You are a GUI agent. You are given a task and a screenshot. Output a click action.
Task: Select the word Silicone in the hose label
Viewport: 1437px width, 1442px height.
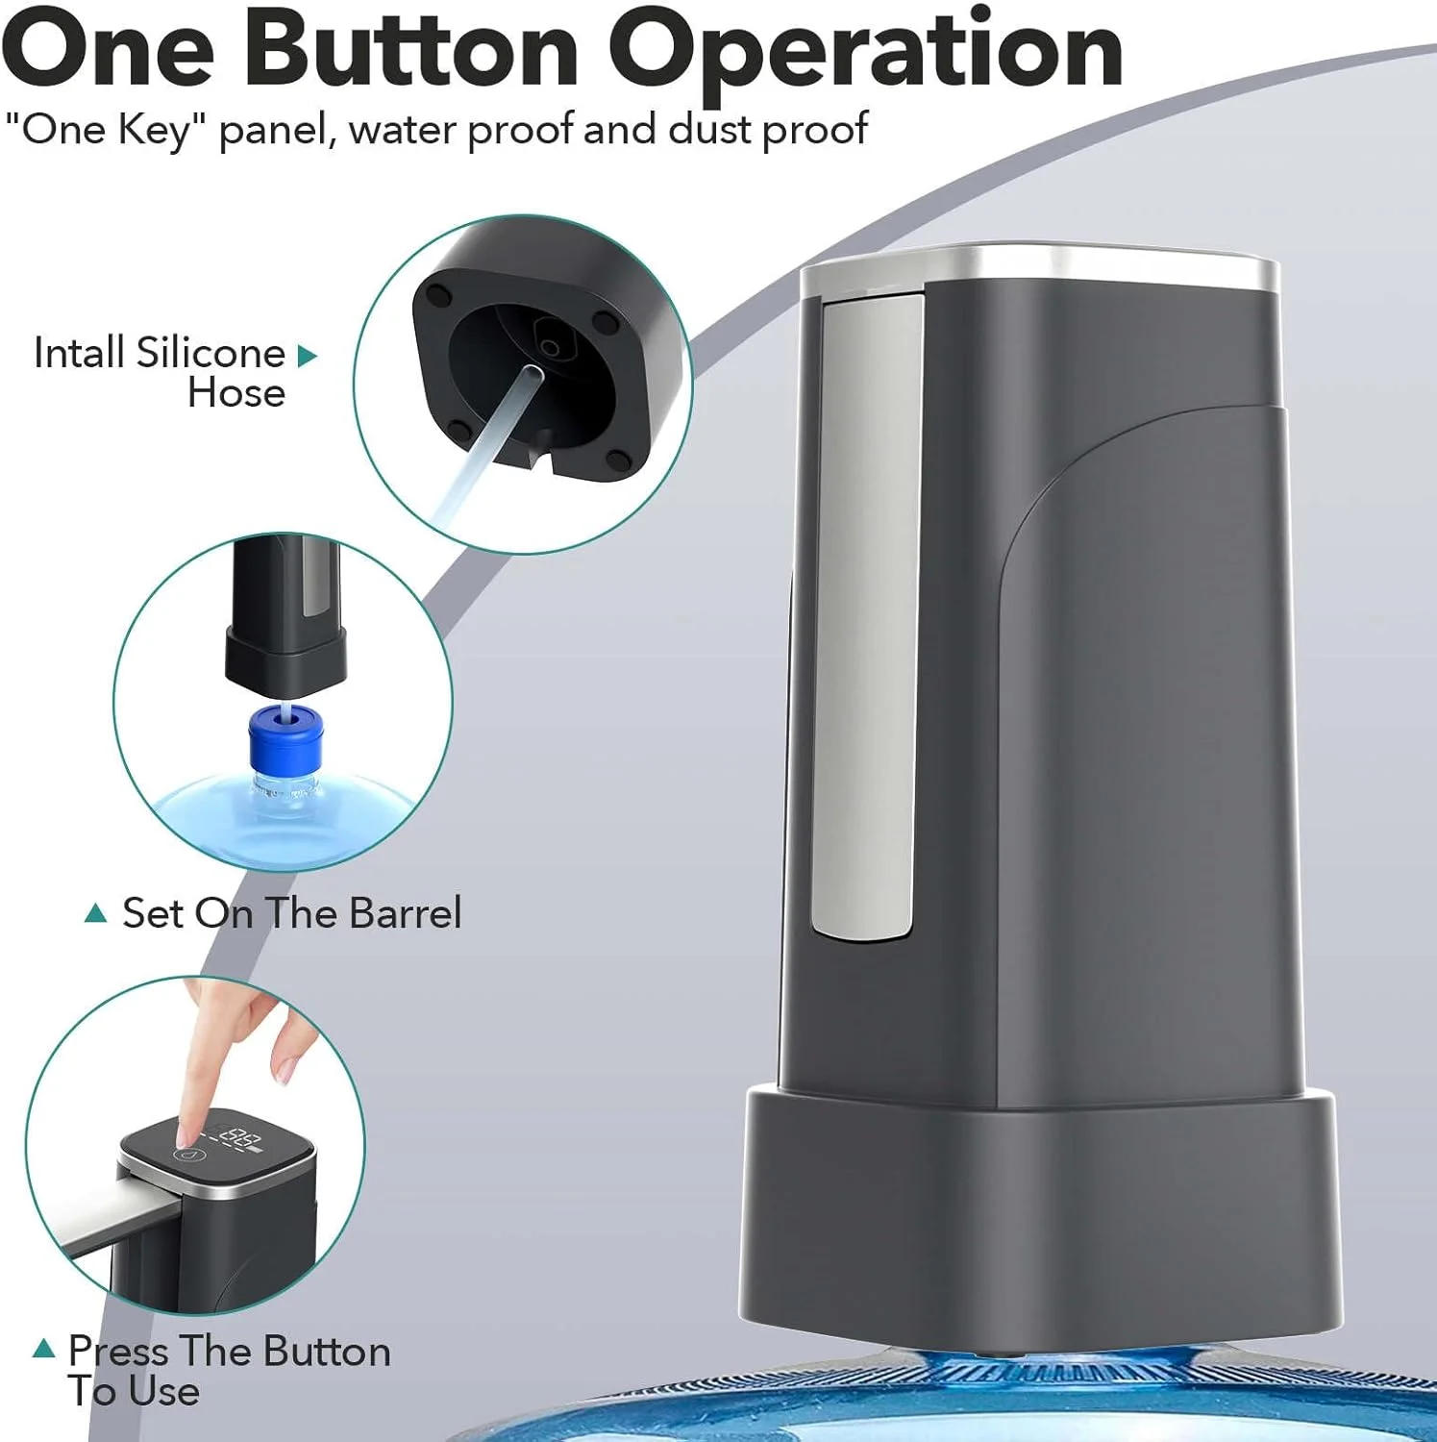(211, 353)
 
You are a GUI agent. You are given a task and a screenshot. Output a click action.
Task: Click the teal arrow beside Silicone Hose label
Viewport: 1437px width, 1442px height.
(307, 356)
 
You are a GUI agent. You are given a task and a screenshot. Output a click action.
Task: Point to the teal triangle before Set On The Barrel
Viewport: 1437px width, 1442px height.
(95, 912)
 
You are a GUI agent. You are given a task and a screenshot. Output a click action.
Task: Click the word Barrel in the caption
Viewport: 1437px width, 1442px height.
(406, 912)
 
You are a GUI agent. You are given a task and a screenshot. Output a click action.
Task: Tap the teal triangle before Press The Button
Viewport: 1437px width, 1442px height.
(43, 1349)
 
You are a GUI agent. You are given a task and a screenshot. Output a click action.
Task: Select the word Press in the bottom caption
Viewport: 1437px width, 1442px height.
(118, 1351)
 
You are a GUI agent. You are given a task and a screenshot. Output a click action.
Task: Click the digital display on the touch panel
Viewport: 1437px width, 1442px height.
(241, 1141)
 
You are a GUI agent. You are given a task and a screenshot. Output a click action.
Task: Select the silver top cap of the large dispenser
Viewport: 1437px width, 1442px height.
(1040, 267)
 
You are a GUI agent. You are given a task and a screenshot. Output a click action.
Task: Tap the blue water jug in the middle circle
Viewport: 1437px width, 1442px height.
(279, 812)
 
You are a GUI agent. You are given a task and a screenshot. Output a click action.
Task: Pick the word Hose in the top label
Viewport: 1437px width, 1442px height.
(236, 393)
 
